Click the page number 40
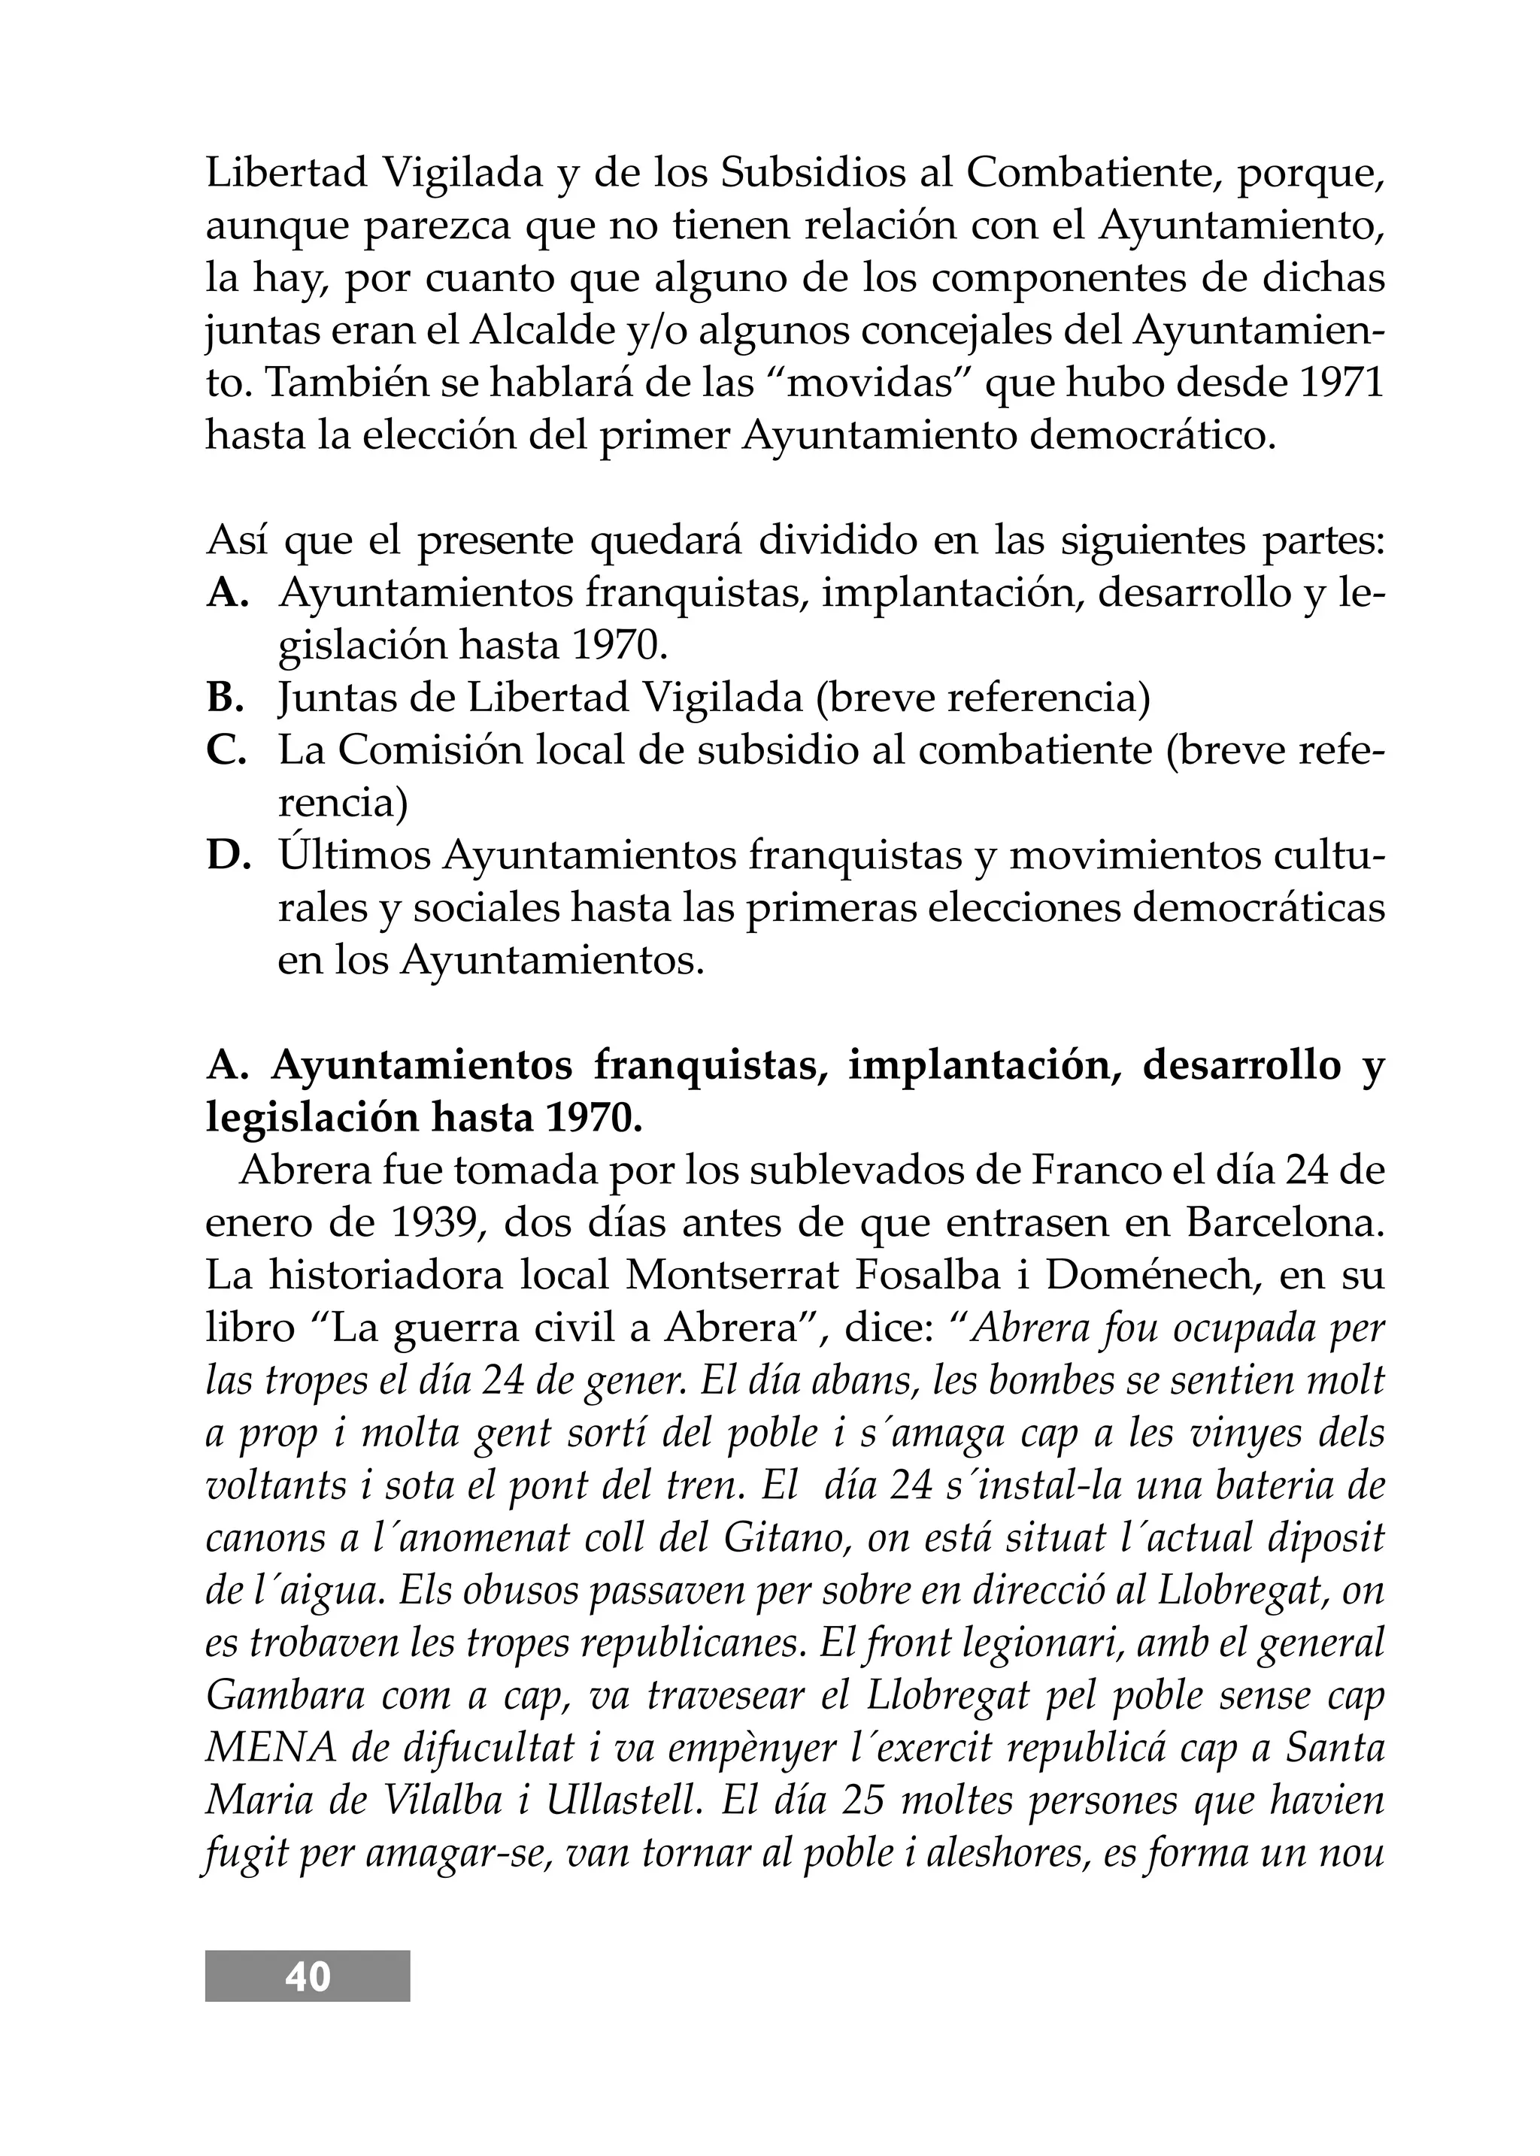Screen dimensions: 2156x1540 click(x=308, y=1976)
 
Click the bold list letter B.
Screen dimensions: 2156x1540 click(x=226, y=699)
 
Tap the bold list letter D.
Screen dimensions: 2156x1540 click(x=229, y=856)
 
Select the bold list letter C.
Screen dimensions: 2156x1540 click(x=226, y=751)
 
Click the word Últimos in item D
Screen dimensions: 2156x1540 click(x=353, y=856)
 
